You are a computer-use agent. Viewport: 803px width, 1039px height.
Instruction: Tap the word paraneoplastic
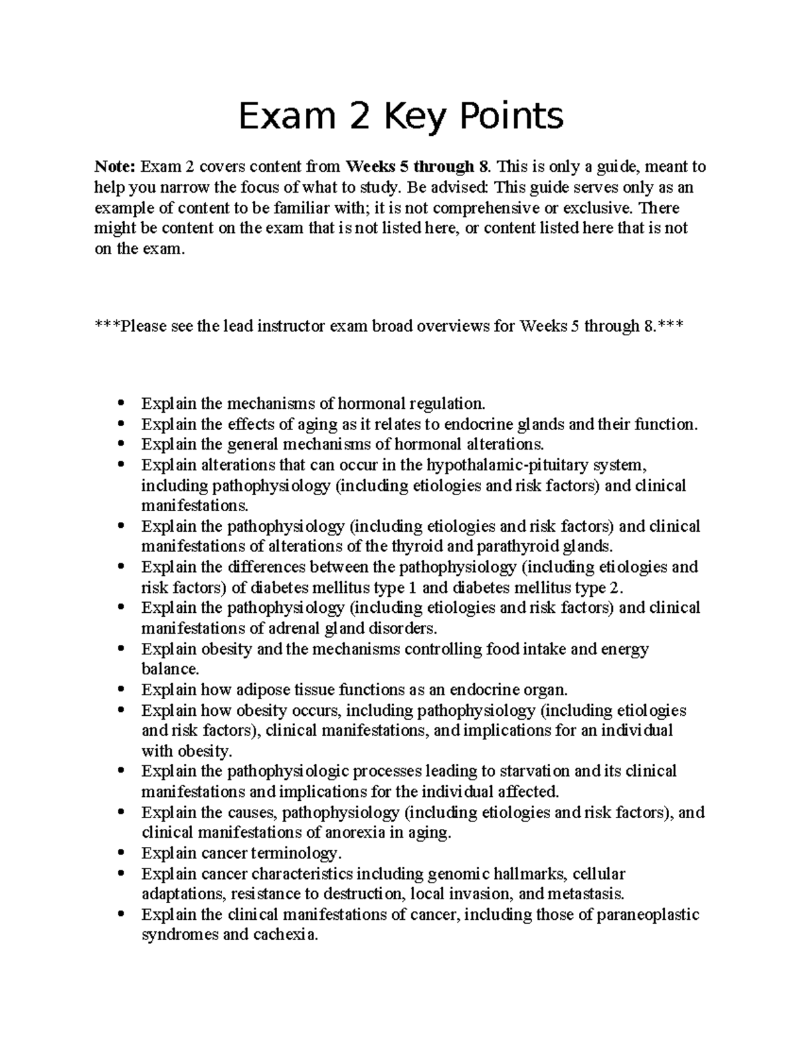648,915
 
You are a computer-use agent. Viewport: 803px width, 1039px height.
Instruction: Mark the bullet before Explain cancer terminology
121,854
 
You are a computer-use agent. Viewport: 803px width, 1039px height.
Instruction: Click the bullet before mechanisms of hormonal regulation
121,403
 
